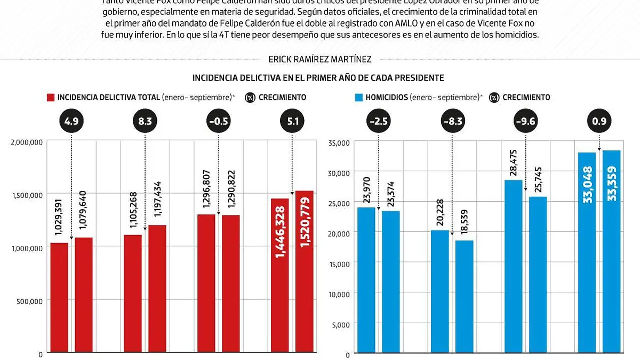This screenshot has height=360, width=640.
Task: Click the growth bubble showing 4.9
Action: pyautogui.click(x=71, y=122)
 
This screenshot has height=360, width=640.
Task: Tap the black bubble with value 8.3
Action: pyautogui.click(x=145, y=122)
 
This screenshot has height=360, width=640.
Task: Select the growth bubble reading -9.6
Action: pyautogui.click(x=525, y=122)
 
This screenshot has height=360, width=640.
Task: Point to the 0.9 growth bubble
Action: pyautogui.click(x=599, y=122)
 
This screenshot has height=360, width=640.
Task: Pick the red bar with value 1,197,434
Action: pyautogui.click(x=157, y=288)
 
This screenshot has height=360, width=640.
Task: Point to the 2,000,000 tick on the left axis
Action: pyautogui.click(x=26, y=142)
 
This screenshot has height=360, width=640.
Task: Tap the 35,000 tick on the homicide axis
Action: pyautogui.click(x=340, y=143)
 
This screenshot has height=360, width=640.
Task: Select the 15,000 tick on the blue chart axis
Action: pyautogui.click(x=340, y=263)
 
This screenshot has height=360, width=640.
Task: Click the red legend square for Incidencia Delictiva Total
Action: pyautogui.click(x=51, y=98)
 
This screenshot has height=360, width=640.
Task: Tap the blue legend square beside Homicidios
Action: pyautogui.click(x=359, y=98)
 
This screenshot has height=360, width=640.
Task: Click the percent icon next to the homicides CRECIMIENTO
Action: pyautogui.click(x=494, y=98)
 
